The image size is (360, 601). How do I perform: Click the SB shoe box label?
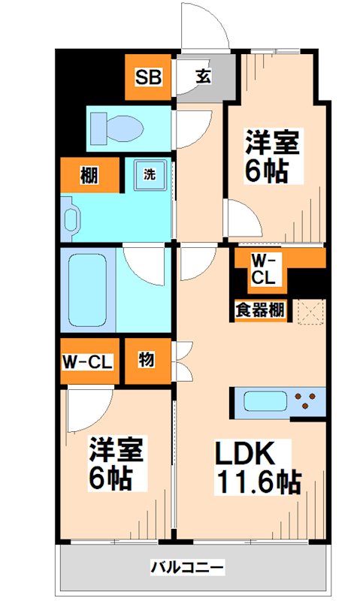tap(147, 77)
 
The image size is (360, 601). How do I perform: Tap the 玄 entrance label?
tap(204, 77)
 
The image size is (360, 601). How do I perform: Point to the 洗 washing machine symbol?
tap(149, 175)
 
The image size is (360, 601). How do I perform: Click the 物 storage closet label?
tap(146, 360)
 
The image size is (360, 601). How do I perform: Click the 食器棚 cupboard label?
tap(259, 308)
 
